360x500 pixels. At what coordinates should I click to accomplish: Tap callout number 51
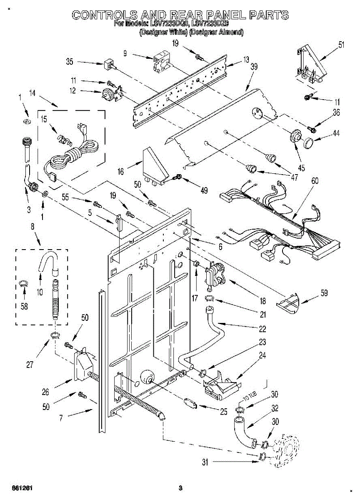(341, 45)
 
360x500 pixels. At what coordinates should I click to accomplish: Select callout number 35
(70, 62)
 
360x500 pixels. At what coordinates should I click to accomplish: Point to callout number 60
(315, 181)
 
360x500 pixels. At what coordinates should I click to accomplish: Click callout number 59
(324, 293)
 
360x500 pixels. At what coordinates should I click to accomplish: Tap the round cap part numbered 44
(309, 142)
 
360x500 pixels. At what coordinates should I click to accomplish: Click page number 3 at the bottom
(180, 488)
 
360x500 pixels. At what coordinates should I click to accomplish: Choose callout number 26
(45, 392)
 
